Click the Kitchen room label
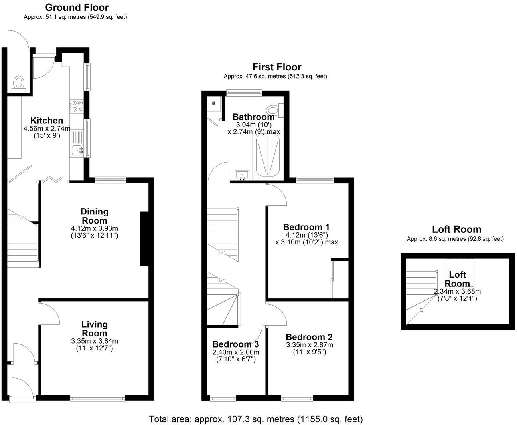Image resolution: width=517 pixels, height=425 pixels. pyautogui.click(x=47, y=121)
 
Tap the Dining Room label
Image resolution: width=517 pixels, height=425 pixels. pyautogui.click(x=94, y=216)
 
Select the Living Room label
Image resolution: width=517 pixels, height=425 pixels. pyautogui.click(x=94, y=329)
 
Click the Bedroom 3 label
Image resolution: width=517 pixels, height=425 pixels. pyautogui.click(x=235, y=344)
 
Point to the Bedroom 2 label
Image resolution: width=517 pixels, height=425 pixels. pyautogui.click(x=309, y=337)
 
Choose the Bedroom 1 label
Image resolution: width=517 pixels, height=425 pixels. pyautogui.click(x=306, y=227)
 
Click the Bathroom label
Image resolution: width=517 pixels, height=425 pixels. pyautogui.click(x=253, y=117)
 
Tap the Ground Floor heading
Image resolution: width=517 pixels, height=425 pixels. pyautogui.click(x=77, y=7)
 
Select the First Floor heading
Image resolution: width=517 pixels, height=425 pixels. pyautogui.click(x=277, y=67)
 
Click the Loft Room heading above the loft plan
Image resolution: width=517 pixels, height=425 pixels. pyautogui.click(x=456, y=229)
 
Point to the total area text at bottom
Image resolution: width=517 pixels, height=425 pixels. pyautogui.click(x=256, y=419)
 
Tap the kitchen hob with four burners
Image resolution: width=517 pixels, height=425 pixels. pyautogui.click(x=77, y=107)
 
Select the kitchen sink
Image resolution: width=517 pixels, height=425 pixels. pyautogui.click(x=77, y=151)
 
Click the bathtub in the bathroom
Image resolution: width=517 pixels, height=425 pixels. pyautogui.click(x=268, y=155)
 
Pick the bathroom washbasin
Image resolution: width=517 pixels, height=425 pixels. pyautogui.click(x=242, y=175)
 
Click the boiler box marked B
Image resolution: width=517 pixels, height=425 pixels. pyautogui.click(x=213, y=104)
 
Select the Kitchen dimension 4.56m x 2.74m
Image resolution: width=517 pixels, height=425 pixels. pyautogui.click(x=47, y=129)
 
